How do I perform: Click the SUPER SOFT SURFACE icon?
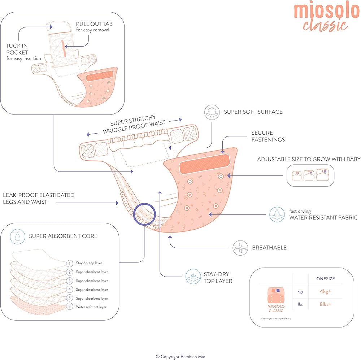212,112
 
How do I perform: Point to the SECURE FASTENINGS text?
268,136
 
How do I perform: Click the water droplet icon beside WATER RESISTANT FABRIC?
277,214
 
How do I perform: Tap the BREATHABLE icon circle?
240,248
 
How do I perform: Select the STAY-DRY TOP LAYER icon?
193,277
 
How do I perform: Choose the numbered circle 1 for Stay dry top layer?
69,263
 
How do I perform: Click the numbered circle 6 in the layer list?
69,307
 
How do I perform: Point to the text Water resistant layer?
91,307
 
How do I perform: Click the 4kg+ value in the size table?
326,291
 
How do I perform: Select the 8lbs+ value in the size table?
325,304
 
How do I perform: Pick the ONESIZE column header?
326,278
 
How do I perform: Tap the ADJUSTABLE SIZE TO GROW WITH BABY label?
309,159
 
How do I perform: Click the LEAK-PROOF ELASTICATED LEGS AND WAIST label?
38,198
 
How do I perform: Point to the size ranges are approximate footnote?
276,318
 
